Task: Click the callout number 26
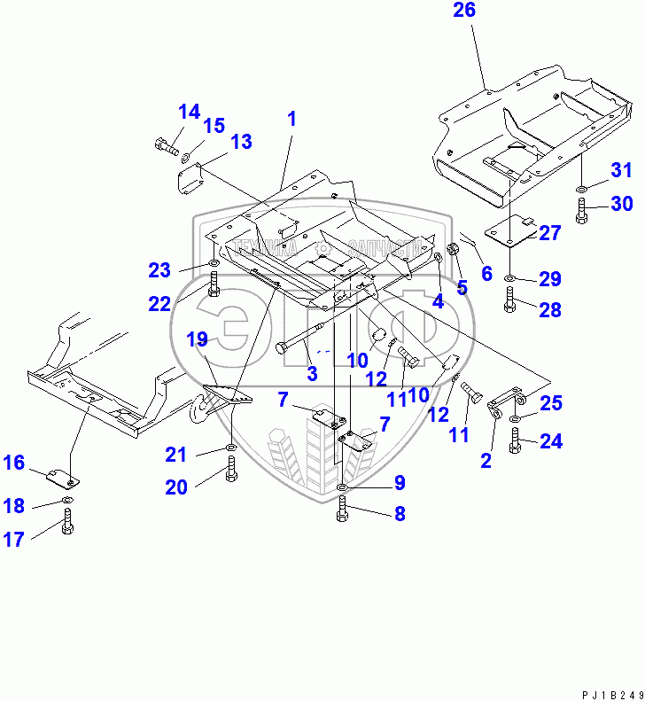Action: (x=464, y=11)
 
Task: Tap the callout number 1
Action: (x=291, y=118)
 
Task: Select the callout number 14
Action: (x=189, y=112)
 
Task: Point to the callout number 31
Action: (x=621, y=170)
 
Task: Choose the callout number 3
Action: (x=312, y=374)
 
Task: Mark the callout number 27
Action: (x=549, y=233)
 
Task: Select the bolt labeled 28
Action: (x=509, y=301)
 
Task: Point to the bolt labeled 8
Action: (x=343, y=510)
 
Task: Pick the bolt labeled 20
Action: (x=231, y=471)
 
